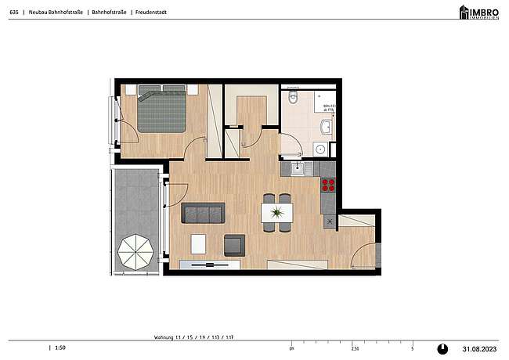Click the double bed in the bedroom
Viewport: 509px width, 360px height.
[x=162, y=112]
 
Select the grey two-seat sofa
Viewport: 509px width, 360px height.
[x=203, y=212]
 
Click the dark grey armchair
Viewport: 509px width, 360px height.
[x=234, y=245]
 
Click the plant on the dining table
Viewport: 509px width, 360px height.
[x=276, y=212]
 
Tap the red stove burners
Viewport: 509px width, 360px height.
[x=328, y=185]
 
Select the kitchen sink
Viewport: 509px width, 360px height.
[x=298, y=167]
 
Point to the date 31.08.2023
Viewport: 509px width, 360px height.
[x=479, y=348]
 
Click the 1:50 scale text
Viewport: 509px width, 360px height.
[x=60, y=348]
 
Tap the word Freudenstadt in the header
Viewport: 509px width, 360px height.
[x=150, y=13]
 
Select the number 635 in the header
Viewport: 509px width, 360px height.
[x=13, y=13]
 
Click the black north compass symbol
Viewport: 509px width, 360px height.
[x=442, y=348]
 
